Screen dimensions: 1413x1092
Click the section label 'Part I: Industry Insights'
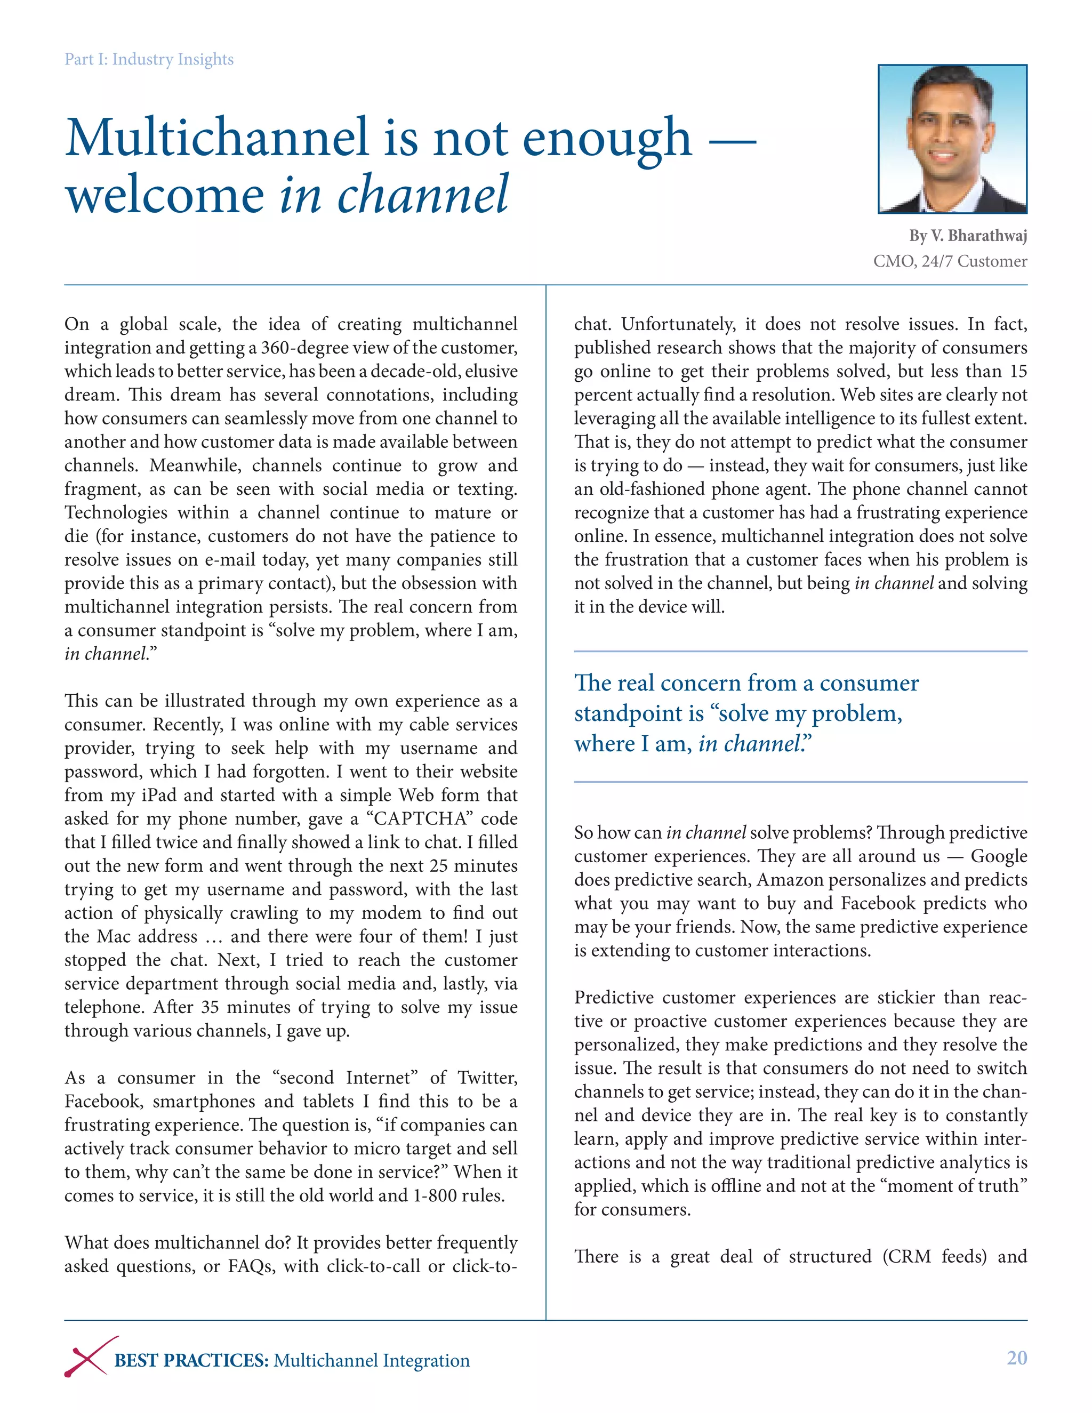[149, 60]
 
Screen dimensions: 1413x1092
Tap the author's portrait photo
[952, 139]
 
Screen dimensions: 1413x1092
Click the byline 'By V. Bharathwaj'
[968, 236]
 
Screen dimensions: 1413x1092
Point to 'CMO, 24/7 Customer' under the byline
[950, 261]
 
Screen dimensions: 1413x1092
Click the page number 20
[1016, 1358]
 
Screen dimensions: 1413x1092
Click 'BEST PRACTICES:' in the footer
[191, 1361]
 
